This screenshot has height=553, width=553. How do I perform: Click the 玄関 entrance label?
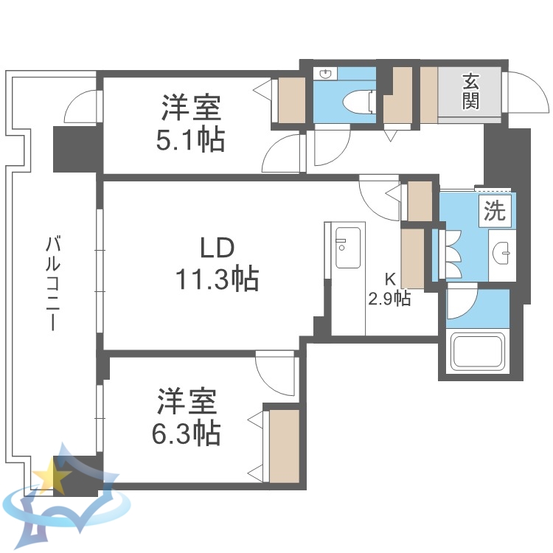470,91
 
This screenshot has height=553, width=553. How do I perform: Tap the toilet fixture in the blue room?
361,100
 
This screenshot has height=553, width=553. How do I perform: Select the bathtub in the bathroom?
478,352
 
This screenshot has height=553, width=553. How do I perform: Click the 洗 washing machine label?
494,212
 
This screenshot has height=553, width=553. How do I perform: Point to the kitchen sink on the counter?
347,247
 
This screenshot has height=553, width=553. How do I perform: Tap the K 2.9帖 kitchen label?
389,291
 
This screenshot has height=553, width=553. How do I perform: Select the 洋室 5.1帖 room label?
192,122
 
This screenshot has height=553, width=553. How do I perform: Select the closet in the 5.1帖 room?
291,98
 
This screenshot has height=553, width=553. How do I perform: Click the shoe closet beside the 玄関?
428,94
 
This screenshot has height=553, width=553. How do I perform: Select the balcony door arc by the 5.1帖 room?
80,107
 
